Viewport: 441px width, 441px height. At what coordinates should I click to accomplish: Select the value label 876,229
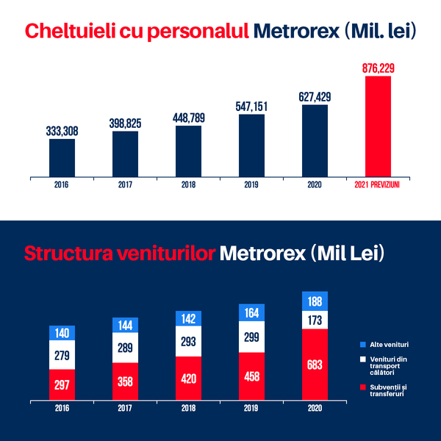378,68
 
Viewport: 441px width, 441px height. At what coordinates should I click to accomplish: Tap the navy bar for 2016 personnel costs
62,157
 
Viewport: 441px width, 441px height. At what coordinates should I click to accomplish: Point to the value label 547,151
251,106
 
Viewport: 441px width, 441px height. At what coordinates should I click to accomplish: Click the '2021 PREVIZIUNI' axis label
378,185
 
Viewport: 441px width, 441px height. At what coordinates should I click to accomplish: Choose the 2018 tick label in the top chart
188,185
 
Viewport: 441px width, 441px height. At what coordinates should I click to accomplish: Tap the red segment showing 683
315,365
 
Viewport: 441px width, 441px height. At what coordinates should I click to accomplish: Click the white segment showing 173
315,320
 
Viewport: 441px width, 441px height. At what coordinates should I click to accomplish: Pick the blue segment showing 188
315,301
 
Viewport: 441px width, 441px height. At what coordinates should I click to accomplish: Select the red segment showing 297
62,385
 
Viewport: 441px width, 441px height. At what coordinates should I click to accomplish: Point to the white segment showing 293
188,341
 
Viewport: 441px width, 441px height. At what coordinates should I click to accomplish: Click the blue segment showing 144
125,325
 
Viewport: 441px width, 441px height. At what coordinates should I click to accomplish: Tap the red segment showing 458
251,376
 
